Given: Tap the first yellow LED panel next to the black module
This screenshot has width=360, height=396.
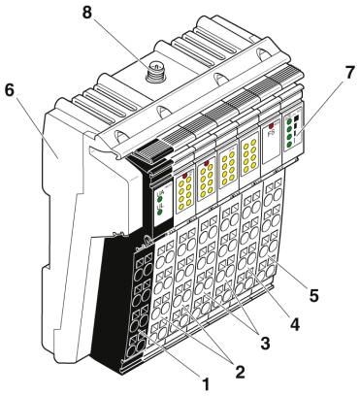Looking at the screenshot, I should click(x=184, y=193).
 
